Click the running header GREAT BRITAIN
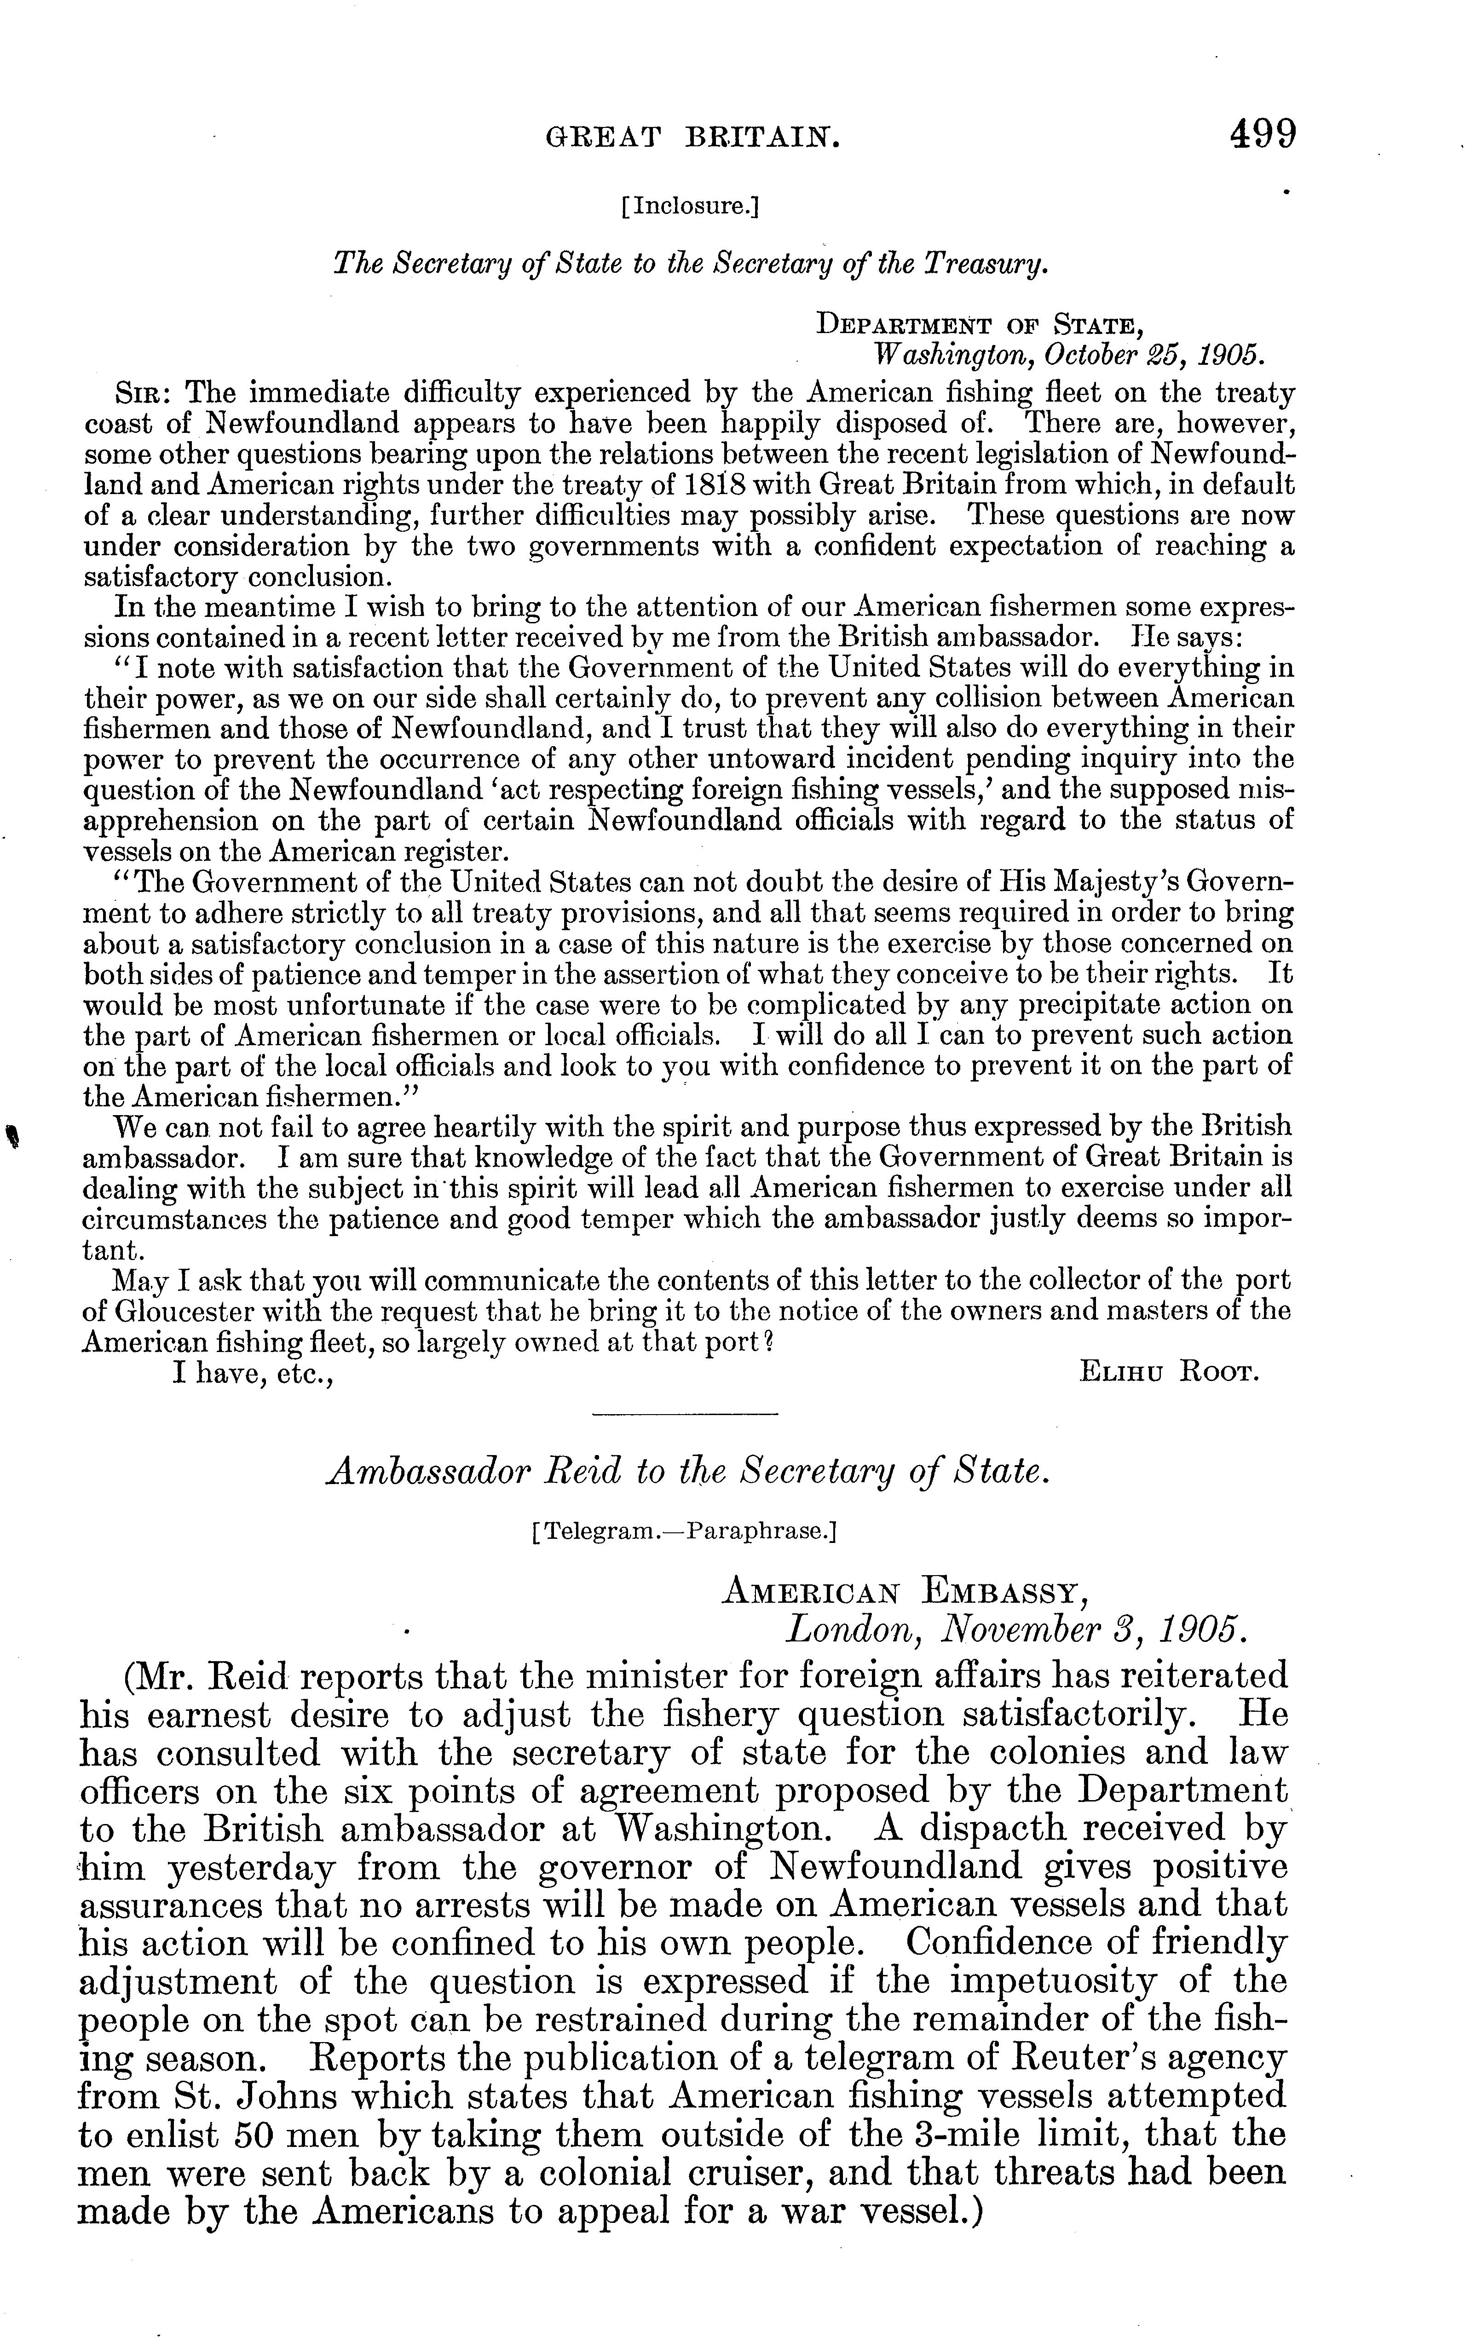point(693,138)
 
